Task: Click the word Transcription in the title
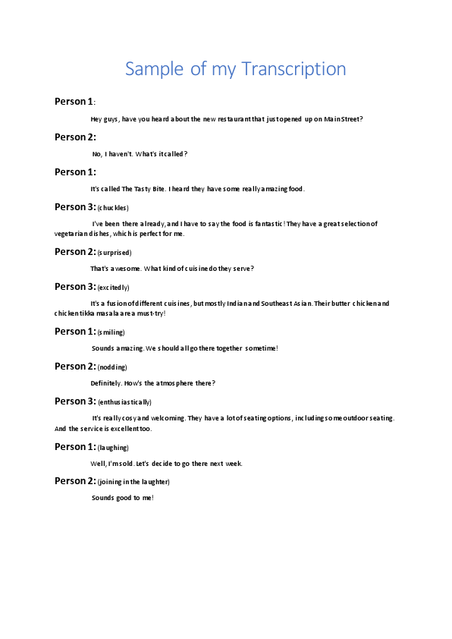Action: [x=293, y=70]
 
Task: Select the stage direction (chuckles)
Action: [x=113, y=208]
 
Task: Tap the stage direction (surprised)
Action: [x=115, y=253]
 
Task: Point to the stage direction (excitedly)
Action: [x=114, y=288]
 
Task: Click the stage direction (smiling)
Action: [x=111, y=332]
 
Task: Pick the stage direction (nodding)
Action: [x=112, y=367]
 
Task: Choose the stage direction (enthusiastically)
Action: [x=124, y=402]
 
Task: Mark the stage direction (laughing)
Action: [x=113, y=448]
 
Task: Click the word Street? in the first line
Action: [x=350, y=119]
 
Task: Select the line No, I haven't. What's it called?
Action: [x=140, y=154]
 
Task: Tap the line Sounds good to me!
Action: [x=123, y=498]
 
